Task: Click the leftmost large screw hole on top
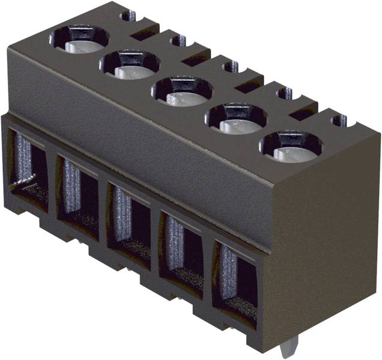(79, 39)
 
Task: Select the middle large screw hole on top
(181, 91)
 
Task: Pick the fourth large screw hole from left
(236, 119)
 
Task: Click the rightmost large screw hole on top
(291, 147)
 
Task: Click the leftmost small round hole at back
(127, 16)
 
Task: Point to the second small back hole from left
(178, 41)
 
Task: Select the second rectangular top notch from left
(196, 61)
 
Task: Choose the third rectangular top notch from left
(248, 87)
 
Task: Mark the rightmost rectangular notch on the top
(303, 114)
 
